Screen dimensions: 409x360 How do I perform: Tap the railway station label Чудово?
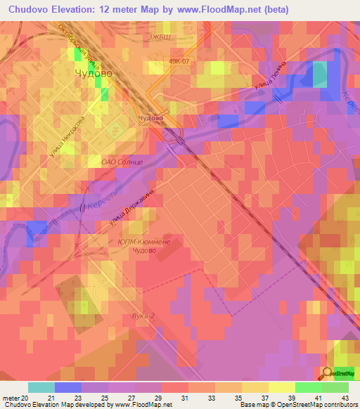[151, 118]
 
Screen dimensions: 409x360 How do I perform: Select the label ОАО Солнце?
[122, 162]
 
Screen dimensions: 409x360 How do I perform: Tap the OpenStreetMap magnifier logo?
[328, 372]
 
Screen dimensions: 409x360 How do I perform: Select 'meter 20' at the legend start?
[17, 398]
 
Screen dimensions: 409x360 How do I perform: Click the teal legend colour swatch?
[41, 387]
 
